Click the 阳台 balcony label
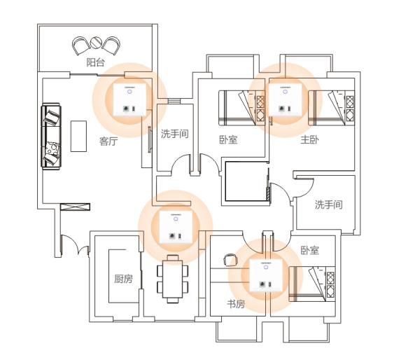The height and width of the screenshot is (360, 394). click(95, 63)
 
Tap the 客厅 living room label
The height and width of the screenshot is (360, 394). click(108, 141)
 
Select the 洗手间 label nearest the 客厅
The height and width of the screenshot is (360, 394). click(175, 133)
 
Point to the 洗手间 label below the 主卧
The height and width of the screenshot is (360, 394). click(328, 205)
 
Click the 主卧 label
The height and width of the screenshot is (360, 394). click(310, 139)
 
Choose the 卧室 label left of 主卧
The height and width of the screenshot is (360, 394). click(228, 139)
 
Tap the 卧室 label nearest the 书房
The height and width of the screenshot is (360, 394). click(310, 250)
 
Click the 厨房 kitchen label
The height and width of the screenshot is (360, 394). click(123, 279)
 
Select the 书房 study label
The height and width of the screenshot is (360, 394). click(235, 304)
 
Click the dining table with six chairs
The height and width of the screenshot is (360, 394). click(171, 278)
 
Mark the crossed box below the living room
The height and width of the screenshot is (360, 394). click(76, 208)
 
